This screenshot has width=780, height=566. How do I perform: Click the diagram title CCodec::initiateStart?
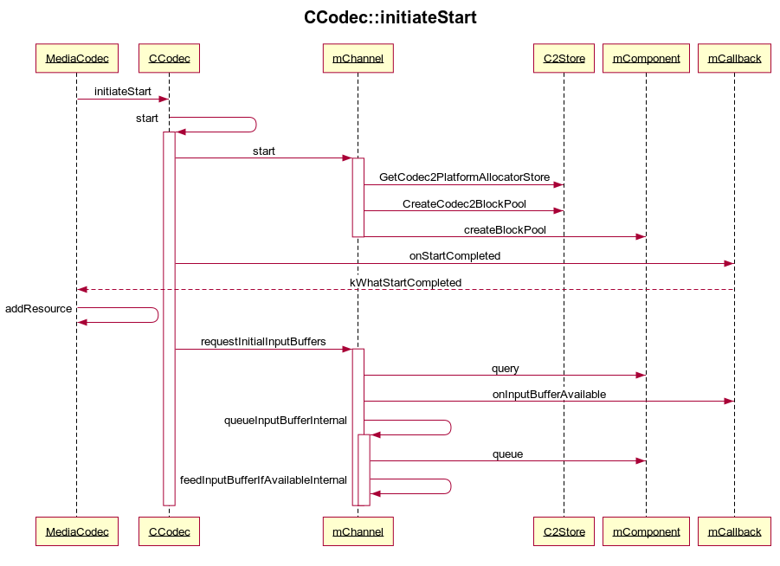390,17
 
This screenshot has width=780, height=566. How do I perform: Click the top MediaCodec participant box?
76,59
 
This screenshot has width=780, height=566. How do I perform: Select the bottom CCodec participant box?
169,531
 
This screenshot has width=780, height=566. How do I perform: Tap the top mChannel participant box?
358,59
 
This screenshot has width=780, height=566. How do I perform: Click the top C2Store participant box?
564,59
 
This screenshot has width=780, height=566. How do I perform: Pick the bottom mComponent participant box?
646,531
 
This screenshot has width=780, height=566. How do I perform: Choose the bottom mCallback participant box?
734,531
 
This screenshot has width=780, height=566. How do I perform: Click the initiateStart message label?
122,91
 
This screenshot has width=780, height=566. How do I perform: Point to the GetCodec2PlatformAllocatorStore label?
464,177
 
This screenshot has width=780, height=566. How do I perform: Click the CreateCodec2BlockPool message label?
464,204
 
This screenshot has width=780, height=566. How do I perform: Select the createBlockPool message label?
505,230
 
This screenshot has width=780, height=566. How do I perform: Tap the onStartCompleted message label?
454,256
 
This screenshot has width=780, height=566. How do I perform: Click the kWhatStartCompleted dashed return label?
405,283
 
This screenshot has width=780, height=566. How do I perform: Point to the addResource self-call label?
39,309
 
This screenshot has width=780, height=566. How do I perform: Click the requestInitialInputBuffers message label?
263,342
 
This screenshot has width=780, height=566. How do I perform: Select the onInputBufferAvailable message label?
549,395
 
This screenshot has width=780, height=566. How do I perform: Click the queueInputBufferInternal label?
286,421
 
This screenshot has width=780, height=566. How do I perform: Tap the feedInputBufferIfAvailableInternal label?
263,480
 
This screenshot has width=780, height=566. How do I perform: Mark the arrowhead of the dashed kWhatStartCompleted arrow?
81,289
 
